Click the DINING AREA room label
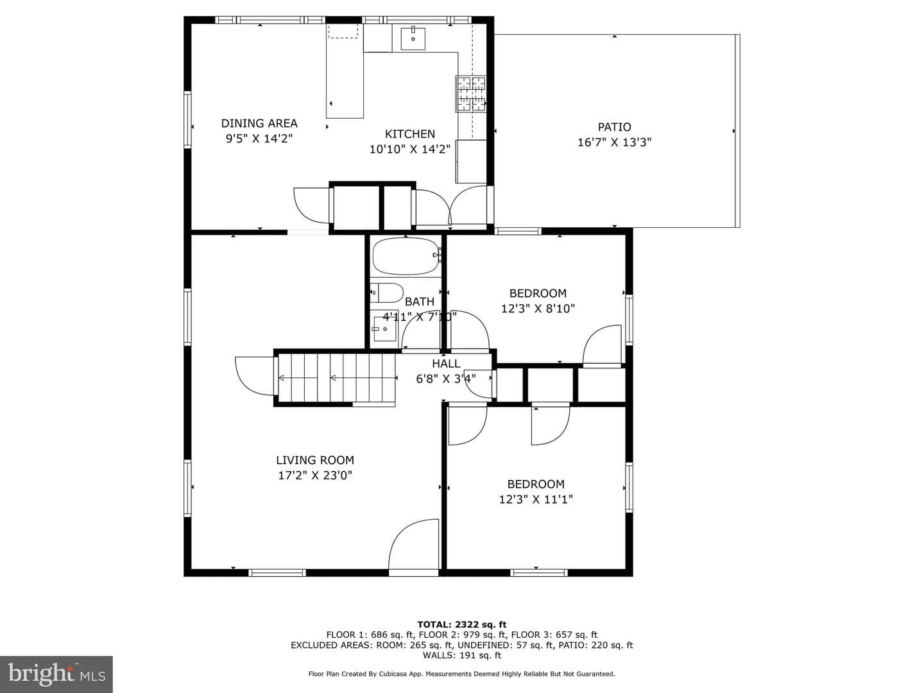259,123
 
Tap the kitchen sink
413,38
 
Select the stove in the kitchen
471,94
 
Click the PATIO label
614,127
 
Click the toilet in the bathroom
386,293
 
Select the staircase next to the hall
337,378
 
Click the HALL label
446,364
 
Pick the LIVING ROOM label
315,460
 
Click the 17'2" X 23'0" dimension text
315,475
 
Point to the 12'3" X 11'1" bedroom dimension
536,499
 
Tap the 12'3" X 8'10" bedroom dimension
538,309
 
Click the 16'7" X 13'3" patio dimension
614,142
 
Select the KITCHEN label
410,134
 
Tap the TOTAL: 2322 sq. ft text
462,624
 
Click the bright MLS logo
56,674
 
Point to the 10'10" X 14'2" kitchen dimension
410,150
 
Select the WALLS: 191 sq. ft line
462,655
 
